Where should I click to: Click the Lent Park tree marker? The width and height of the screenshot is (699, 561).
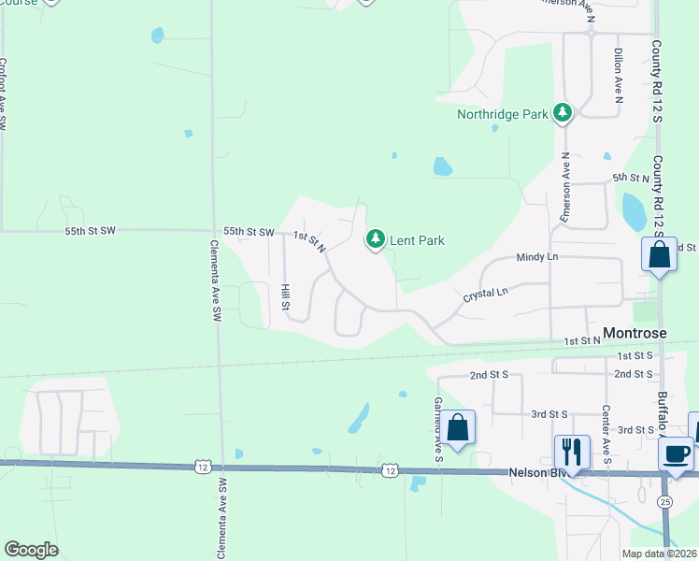pyautogui.click(x=375, y=240)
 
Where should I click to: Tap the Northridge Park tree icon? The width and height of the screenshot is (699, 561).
pyautogui.click(x=562, y=114)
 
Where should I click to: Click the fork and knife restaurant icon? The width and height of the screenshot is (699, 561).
pyautogui.click(x=571, y=452)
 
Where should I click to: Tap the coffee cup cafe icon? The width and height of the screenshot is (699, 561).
pyautogui.click(x=676, y=453)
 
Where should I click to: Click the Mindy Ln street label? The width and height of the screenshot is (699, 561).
pyautogui.click(x=536, y=256)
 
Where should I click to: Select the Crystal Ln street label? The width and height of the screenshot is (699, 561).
pyautogui.click(x=485, y=294)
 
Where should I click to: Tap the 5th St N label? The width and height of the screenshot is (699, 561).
pyautogui.click(x=630, y=178)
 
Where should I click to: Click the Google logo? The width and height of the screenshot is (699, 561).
pyautogui.click(x=31, y=550)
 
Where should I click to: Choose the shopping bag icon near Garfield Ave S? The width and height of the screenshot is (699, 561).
pyautogui.click(x=458, y=428)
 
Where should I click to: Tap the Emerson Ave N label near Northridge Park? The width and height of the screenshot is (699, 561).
pyautogui.click(x=565, y=187)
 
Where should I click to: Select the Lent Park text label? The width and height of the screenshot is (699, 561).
pyautogui.click(x=417, y=240)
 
